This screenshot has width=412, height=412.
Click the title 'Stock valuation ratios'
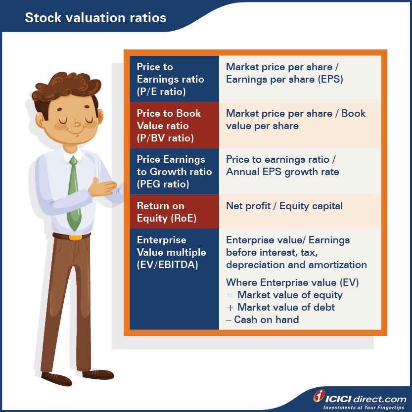(95, 18)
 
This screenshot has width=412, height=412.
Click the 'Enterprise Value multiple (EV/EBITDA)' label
(171, 252)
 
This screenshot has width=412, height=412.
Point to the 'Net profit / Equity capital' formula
(284, 206)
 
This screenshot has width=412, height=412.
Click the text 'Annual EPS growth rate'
(282, 172)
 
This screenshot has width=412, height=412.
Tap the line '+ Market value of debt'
(280, 307)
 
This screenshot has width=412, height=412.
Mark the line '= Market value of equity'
(284, 295)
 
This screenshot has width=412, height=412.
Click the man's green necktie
(73, 193)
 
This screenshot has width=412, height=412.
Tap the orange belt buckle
(75, 237)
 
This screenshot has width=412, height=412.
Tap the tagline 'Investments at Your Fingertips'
(365, 406)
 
